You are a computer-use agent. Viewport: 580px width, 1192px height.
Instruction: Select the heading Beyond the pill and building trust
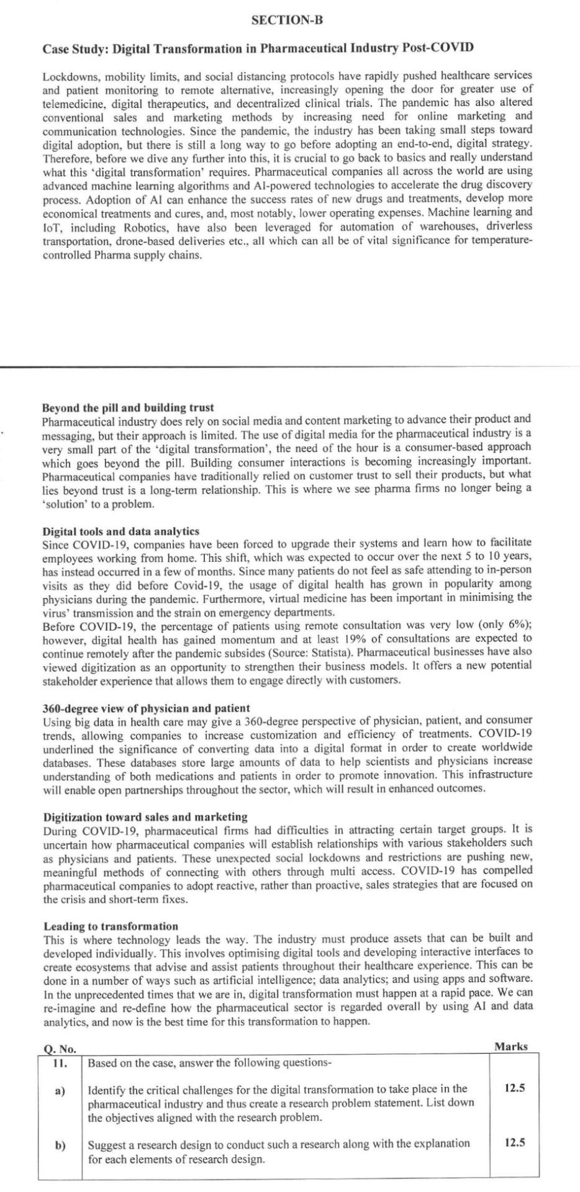pos(128,408)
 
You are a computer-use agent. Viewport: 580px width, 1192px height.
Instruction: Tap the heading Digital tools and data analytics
pos(120,531)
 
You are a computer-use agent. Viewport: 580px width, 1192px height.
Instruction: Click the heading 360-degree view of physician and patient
pos(146,708)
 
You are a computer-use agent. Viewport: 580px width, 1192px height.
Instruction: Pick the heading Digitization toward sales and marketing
pos(145,817)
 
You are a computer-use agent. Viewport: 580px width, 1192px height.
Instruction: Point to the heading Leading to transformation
pos(111,926)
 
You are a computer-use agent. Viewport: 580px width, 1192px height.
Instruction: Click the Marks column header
pos(511,1047)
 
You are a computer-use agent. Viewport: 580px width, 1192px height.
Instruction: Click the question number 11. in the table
pos(60,1063)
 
